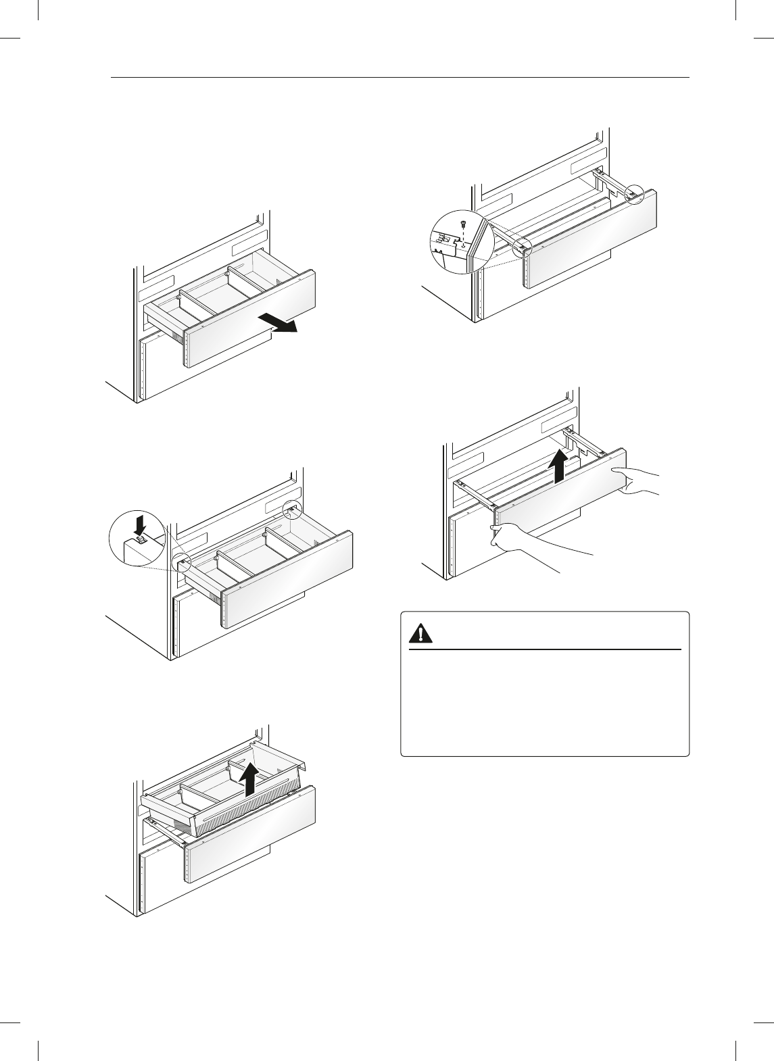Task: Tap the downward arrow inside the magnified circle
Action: (x=140, y=524)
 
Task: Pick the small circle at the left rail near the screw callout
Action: (x=521, y=247)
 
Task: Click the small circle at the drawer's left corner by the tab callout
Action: (x=182, y=562)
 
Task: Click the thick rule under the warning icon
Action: (x=545, y=649)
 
